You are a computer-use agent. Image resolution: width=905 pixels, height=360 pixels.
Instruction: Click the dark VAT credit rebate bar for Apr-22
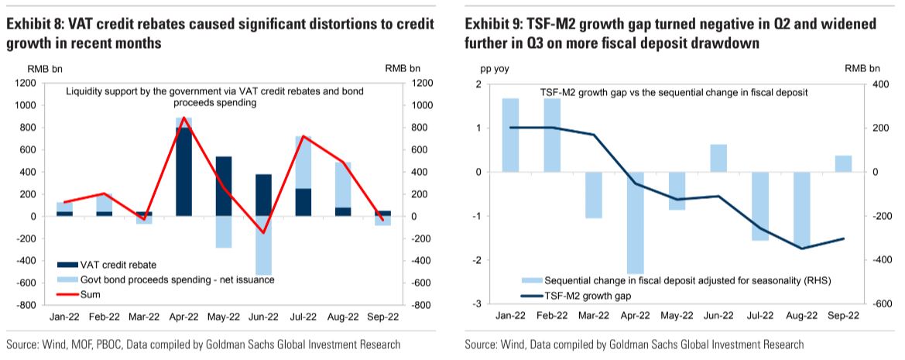[x=183, y=172]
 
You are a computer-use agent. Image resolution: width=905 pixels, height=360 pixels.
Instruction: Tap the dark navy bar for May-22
[x=224, y=187]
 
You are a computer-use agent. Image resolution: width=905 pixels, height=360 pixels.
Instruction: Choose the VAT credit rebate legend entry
[x=108, y=266]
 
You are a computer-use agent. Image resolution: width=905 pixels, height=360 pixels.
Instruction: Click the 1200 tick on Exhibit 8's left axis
[x=26, y=84]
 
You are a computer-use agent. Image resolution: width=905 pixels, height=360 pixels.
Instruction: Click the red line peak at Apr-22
[x=183, y=118]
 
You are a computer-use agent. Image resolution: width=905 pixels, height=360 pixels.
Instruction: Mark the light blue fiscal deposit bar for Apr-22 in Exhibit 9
[x=635, y=223]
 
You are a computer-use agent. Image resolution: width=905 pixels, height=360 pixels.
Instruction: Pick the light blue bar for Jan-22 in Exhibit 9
[x=510, y=135]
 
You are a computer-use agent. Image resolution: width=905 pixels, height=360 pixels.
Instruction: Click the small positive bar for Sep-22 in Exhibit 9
[x=843, y=164]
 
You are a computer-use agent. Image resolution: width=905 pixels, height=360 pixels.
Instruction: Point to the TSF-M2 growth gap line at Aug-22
[x=802, y=249]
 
